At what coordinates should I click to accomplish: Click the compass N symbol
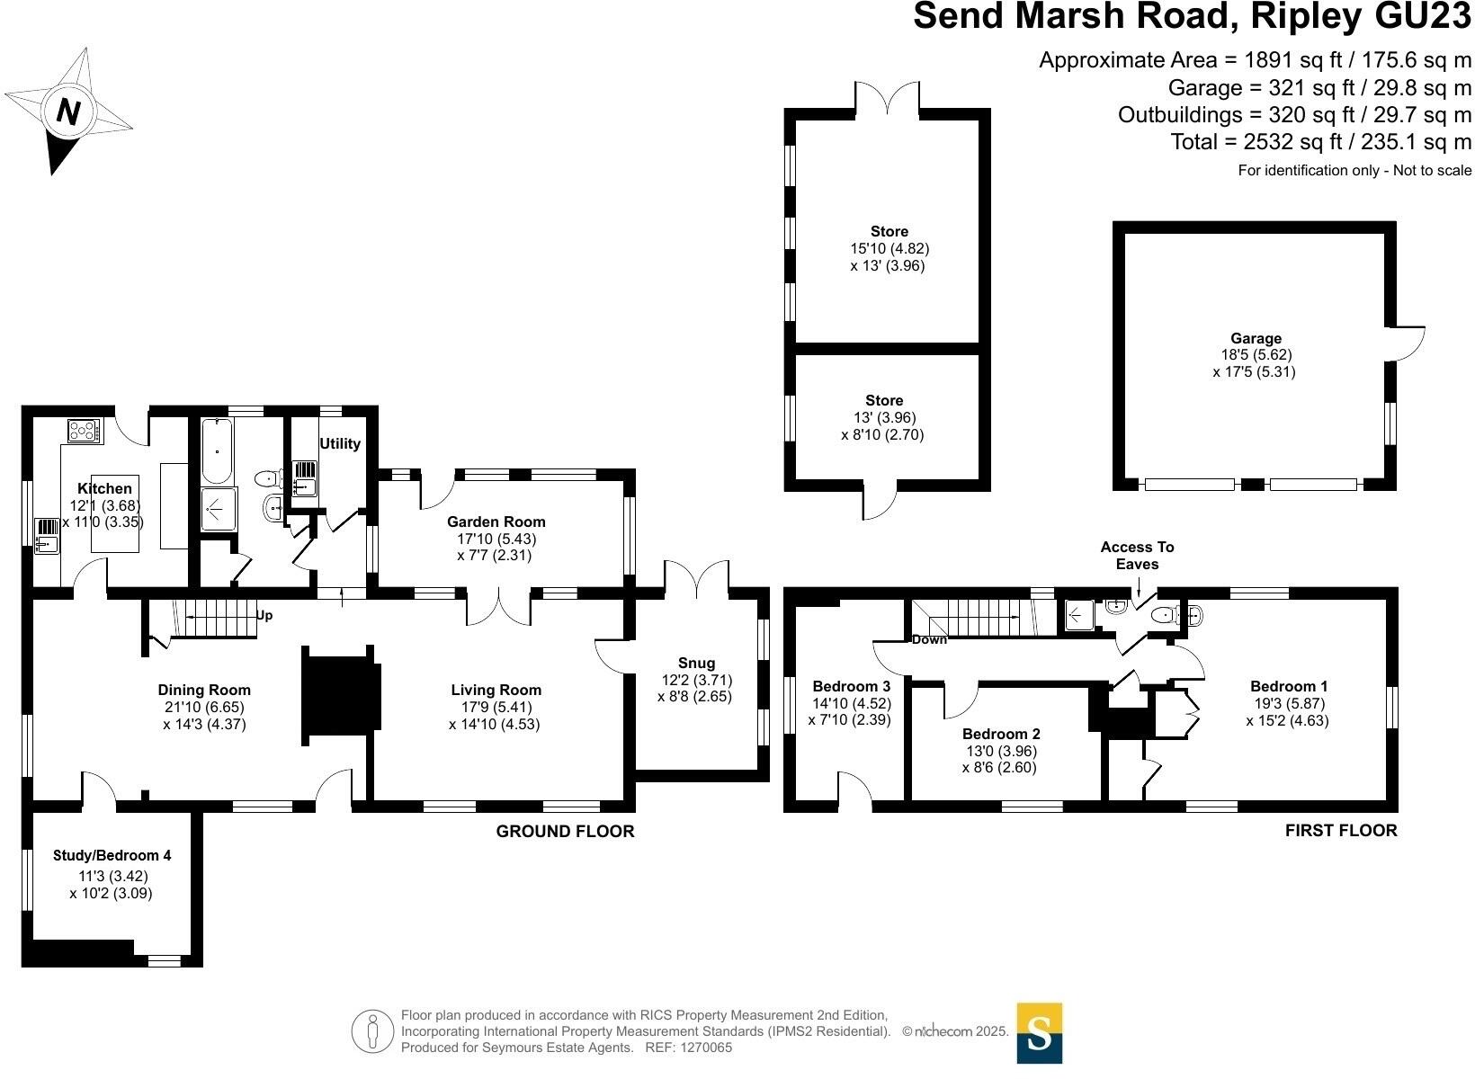(x=68, y=111)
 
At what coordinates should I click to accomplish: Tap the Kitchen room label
(x=104, y=488)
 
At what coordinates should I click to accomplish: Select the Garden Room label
(x=496, y=522)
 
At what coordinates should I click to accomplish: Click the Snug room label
(x=698, y=664)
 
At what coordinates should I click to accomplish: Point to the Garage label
(x=1256, y=338)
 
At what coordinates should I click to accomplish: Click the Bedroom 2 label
(x=1000, y=734)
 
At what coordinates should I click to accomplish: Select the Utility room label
(x=340, y=443)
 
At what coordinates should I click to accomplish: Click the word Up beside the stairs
(x=264, y=616)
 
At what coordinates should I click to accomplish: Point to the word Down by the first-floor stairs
(x=929, y=640)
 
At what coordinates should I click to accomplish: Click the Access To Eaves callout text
(x=1137, y=556)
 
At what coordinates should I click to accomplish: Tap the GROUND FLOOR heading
(x=565, y=832)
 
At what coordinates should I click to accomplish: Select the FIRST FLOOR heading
(x=1341, y=831)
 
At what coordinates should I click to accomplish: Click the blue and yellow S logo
(x=1039, y=1032)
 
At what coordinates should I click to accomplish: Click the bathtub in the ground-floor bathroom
(x=216, y=452)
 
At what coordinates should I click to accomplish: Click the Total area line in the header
(x=1320, y=141)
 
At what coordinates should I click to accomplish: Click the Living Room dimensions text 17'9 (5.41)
(x=496, y=707)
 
